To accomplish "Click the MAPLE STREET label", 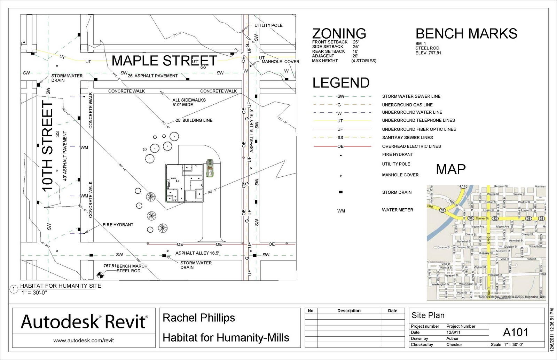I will click(x=164, y=61).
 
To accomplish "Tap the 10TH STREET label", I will click(x=47, y=146).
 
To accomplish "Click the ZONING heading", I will click(x=339, y=34).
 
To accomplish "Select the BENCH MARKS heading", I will click(x=466, y=34).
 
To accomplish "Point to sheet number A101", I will click(x=516, y=333).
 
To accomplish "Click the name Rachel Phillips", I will click(x=199, y=318).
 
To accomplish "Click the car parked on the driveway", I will click(x=210, y=168).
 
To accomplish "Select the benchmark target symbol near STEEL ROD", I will click(x=100, y=275).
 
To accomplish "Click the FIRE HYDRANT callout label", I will click(x=118, y=225).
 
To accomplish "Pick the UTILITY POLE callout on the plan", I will click(x=268, y=25).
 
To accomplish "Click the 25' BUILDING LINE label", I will click(x=194, y=120).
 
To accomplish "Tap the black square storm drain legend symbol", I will click(x=341, y=192).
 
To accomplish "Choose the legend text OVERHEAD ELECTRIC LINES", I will click(x=411, y=146).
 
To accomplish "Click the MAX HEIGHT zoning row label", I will click(x=325, y=61).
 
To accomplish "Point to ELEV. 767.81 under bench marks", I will click(x=428, y=53).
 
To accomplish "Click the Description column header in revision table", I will click(x=349, y=311).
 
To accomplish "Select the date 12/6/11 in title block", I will click(x=453, y=332).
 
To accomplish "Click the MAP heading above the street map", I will click(x=451, y=169).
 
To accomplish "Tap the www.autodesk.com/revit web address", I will click(x=84, y=341).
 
